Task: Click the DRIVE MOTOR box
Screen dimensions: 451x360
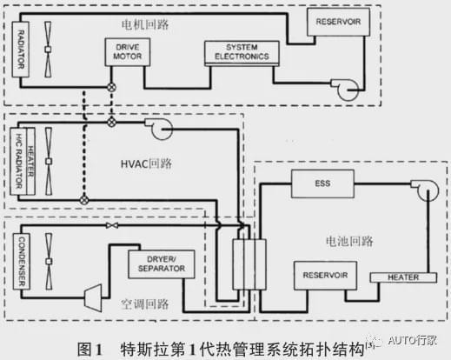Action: (128, 52)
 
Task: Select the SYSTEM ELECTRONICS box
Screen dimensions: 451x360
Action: (242, 53)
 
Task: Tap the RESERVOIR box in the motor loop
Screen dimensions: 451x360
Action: (338, 22)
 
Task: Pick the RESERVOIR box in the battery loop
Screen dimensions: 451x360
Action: (325, 276)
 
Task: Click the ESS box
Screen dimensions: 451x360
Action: (322, 183)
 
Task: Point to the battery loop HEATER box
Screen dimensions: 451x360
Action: (403, 277)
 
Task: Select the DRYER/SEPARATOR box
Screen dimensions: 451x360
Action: (162, 264)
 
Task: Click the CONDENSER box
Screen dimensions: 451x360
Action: (22, 262)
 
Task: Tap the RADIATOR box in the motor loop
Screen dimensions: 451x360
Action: (21, 50)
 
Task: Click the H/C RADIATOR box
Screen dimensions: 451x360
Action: (18, 161)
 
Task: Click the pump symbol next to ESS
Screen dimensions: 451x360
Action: (427, 190)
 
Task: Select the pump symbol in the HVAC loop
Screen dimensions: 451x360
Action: (160, 129)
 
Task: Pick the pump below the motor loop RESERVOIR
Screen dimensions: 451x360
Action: (346, 90)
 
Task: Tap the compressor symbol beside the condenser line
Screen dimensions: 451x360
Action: (93, 298)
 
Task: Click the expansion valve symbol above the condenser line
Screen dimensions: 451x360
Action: (112, 225)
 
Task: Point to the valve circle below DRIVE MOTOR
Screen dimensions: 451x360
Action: (111, 87)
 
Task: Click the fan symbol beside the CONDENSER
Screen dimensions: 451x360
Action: (49, 262)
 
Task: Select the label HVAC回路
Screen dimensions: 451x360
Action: (146, 163)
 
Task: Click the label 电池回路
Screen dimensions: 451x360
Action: (349, 241)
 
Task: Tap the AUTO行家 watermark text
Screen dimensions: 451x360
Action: (413, 340)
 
